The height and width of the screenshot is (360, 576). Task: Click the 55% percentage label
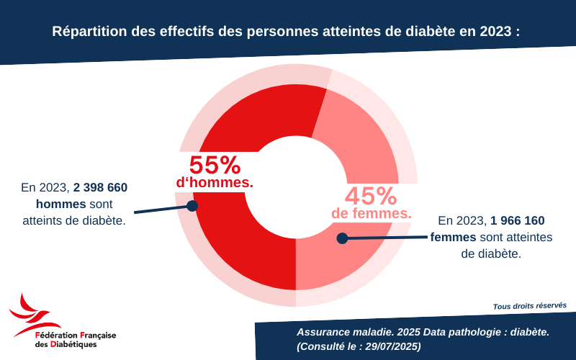tap(215, 166)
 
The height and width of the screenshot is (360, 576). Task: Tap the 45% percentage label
tap(371, 196)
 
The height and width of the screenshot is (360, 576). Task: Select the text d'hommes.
tap(215, 184)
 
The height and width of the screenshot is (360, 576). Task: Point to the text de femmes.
tap(372, 214)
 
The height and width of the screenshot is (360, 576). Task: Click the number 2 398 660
tap(100, 188)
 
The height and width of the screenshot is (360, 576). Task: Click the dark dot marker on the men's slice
tap(192, 206)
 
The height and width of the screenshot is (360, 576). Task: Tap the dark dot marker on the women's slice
tap(343, 238)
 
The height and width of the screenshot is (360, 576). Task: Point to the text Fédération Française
tap(76, 336)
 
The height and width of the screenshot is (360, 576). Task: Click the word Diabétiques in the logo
tap(71, 345)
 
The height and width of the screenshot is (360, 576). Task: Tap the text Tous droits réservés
tap(529, 306)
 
